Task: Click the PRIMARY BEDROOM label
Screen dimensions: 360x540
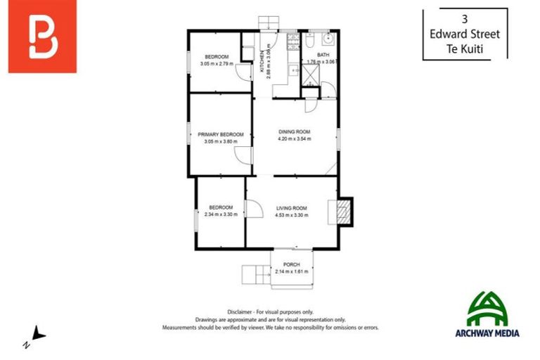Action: coord(220,134)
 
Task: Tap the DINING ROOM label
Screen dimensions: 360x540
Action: coord(294,131)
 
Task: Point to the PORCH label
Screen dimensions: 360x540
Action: coord(292,264)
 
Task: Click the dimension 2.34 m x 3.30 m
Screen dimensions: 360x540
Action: coord(220,214)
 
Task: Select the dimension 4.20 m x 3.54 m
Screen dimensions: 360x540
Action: coord(294,139)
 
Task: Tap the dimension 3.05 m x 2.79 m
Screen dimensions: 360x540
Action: coord(217,64)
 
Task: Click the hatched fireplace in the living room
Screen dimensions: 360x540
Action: coord(342,210)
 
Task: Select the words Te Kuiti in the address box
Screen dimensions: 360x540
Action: coord(465,49)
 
